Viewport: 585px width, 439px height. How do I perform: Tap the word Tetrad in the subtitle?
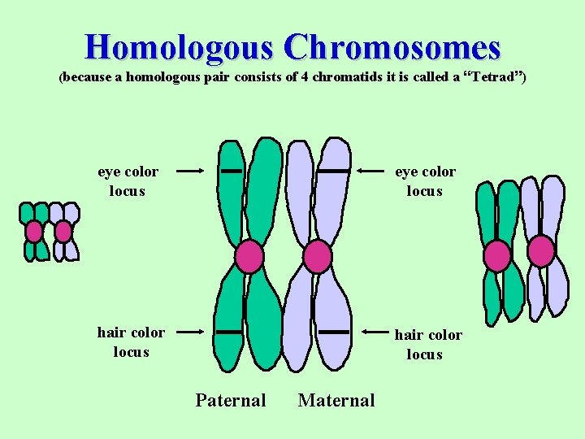[495, 78]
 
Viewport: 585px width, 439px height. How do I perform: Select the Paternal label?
[230, 400]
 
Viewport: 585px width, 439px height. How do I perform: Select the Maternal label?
[336, 400]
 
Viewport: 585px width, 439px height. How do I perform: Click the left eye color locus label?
[128, 181]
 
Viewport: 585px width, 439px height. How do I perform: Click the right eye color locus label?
[425, 181]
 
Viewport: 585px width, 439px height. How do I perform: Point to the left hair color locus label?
[131, 342]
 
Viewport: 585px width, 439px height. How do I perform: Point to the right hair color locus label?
[428, 345]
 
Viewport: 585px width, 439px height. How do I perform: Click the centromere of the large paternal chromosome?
[249, 257]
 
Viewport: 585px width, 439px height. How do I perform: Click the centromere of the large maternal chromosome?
[317, 257]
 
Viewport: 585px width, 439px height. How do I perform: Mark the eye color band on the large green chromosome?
[232, 172]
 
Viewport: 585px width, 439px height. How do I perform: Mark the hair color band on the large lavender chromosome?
[331, 332]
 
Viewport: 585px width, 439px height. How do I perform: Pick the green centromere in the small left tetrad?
[34, 232]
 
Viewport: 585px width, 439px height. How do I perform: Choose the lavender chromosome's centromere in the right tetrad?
[541, 251]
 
